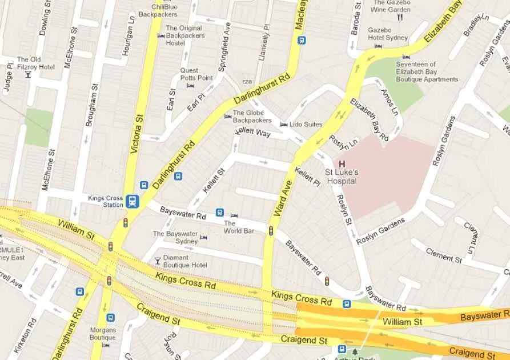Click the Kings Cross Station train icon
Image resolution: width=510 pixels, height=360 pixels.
[132, 201]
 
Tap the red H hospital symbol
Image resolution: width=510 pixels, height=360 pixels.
[342, 164]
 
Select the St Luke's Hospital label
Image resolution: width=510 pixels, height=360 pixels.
[342, 177]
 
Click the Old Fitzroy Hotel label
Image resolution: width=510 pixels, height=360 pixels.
[35, 63]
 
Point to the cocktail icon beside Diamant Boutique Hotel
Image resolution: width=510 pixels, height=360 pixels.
[158, 261]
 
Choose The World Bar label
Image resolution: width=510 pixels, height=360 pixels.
[238, 227]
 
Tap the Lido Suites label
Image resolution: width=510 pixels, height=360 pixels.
[306, 125]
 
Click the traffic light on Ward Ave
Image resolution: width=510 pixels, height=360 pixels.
[271, 231]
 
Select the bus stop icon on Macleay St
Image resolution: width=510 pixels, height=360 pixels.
[302, 40]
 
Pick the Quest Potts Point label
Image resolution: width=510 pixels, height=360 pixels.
[196, 74]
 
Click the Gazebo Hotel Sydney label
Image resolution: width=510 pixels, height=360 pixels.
[388, 34]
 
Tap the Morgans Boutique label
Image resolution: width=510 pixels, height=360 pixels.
[103, 334]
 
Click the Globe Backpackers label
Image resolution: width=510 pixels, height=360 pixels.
[252, 117]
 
